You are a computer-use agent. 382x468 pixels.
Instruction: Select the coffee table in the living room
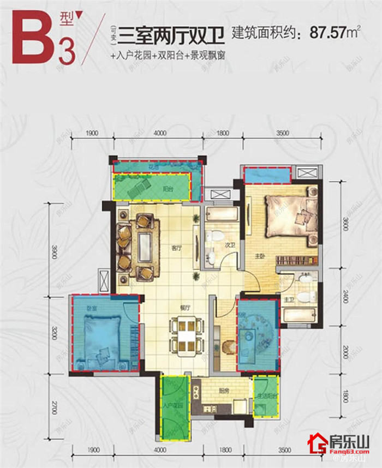[x=146, y=247]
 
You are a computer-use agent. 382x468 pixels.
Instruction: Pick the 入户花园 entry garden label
[x=173, y=406]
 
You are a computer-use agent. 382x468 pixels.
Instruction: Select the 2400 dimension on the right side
[x=344, y=297]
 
